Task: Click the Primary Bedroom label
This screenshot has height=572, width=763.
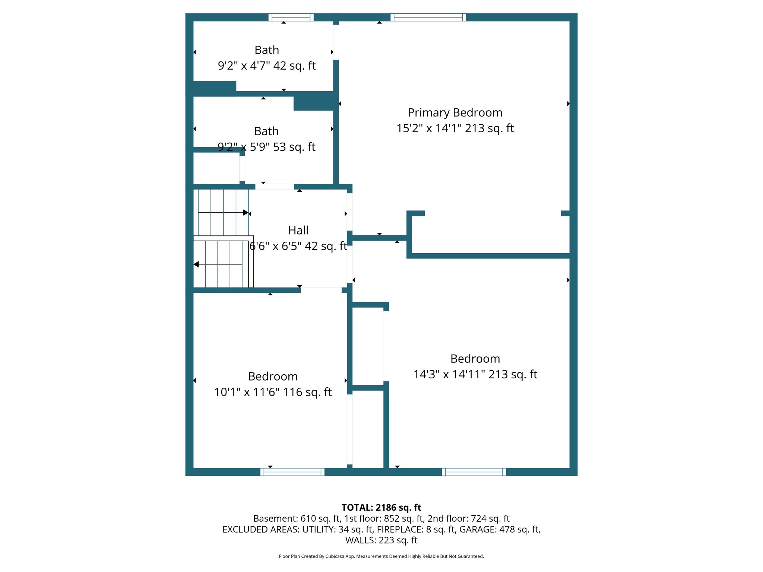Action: coord(455,112)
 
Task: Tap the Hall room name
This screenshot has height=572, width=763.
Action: coord(298,230)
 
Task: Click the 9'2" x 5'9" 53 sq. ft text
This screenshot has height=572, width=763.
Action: coord(266,147)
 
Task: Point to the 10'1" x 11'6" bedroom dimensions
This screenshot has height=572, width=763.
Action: coord(273,392)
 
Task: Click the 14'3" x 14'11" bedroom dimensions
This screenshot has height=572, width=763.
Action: coord(475,374)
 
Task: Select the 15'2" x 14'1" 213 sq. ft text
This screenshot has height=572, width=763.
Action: coord(455,128)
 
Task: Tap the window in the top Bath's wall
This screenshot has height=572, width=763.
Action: coord(291,17)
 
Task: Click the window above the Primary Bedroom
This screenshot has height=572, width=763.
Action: coord(428,17)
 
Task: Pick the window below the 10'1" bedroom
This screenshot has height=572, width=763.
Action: coord(292,472)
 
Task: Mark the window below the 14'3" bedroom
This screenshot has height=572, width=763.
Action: coord(474,472)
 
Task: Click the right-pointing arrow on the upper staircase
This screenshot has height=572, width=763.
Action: coord(245,213)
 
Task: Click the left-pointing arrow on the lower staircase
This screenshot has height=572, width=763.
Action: coord(196,264)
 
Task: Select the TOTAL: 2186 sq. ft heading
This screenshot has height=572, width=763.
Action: coord(381,508)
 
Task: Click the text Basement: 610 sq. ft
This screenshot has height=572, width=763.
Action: coord(297,518)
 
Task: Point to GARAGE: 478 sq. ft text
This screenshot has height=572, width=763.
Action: coord(499,529)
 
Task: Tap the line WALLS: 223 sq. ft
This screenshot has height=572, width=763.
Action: coord(381,540)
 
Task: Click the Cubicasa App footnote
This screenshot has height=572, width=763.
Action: coord(381,556)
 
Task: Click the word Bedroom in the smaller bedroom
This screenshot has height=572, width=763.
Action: coord(273,376)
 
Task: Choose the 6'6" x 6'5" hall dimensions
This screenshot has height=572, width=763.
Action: coord(298,246)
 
